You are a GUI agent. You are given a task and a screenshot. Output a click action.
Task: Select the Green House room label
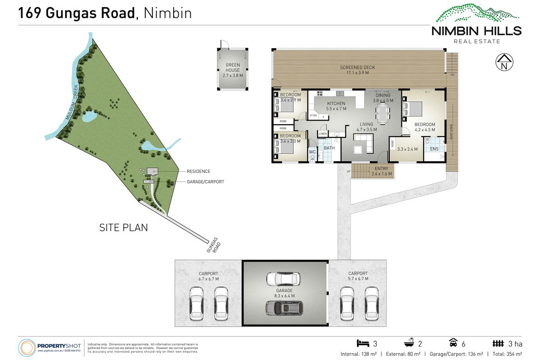(x=233, y=70)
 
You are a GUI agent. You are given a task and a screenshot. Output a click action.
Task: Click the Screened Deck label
(x=357, y=70)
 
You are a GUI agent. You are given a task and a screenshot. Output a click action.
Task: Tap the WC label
(x=312, y=152)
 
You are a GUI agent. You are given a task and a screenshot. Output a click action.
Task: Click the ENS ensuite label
(x=434, y=149)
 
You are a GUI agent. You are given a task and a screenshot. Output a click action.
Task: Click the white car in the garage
(x=283, y=279)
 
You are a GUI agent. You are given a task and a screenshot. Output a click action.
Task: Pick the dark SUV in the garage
(x=284, y=307)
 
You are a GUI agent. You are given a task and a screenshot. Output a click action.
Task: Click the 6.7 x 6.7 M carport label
(x=208, y=276)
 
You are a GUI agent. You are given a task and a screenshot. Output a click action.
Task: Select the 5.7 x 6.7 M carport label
(x=358, y=276)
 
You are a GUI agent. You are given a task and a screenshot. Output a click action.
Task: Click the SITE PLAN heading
(x=123, y=228)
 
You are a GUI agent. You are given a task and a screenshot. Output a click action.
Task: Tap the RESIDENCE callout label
(x=198, y=171)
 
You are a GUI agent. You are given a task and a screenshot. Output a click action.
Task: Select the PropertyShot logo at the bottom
(x=49, y=347)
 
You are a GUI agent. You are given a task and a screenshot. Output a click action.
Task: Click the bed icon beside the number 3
(x=363, y=344)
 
